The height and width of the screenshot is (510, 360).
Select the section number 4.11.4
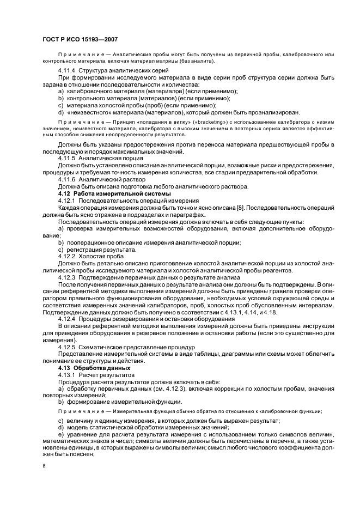pyautogui.click(x=67, y=71)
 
